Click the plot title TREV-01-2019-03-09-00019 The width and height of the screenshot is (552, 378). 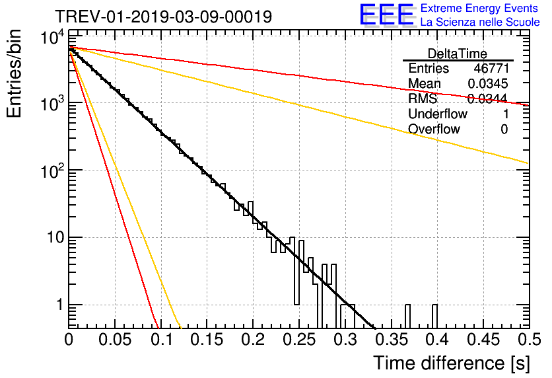162,17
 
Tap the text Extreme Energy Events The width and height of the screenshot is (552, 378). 480,9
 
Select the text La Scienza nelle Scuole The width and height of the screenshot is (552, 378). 480,22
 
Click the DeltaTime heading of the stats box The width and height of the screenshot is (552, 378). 458,53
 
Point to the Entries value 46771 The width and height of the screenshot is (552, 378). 491,68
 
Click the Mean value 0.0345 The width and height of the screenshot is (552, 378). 487,83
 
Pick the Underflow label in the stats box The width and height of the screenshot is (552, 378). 438,114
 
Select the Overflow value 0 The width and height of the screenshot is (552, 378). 504,129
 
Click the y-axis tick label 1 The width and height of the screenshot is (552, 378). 58,305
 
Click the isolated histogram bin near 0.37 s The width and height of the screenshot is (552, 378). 407,315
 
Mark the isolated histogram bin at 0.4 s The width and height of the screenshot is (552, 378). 434,315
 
